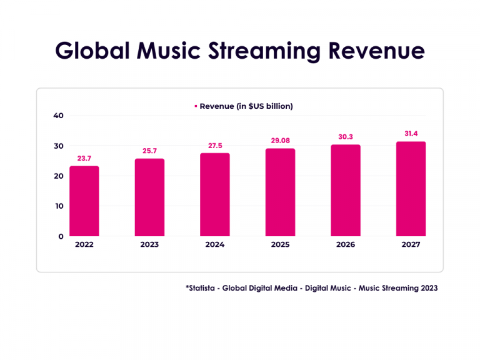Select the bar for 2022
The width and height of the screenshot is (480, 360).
pyautogui.click(x=84, y=201)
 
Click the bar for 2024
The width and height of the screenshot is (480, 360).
pyautogui.click(x=214, y=194)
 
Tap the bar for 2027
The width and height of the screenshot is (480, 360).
pyautogui.click(x=411, y=189)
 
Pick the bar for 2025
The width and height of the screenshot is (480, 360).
pyautogui.click(x=280, y=192)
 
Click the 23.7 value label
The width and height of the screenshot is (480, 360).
pyautogui.click(x=84, y=159)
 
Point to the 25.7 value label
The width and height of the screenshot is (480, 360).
pyautogui.click(x=149, y=151)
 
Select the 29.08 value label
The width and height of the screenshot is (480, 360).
pyautogui.click(x=280, y=141)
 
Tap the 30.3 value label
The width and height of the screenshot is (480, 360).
pyautogui.click(x=345, y=137)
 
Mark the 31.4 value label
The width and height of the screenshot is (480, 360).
pyautogui.click(x=411, y=134)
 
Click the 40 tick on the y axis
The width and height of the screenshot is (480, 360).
pyautogui.click(x=58, y=116)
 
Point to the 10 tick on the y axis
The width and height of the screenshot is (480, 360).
pyautogui.click(x=58, y=206)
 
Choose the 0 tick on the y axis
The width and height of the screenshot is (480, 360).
pyautogui.click(x=61, y=236)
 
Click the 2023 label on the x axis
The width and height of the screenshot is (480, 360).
pyautogui.click(x=149, y=245)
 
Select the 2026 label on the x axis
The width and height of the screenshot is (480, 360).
pyautogui.click(x=345, y=245)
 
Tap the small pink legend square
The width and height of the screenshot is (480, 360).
pyautogui.click(x=196, y=106)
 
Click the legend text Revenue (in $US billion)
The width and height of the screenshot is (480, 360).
pyautogui.click(x=246, y=106)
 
